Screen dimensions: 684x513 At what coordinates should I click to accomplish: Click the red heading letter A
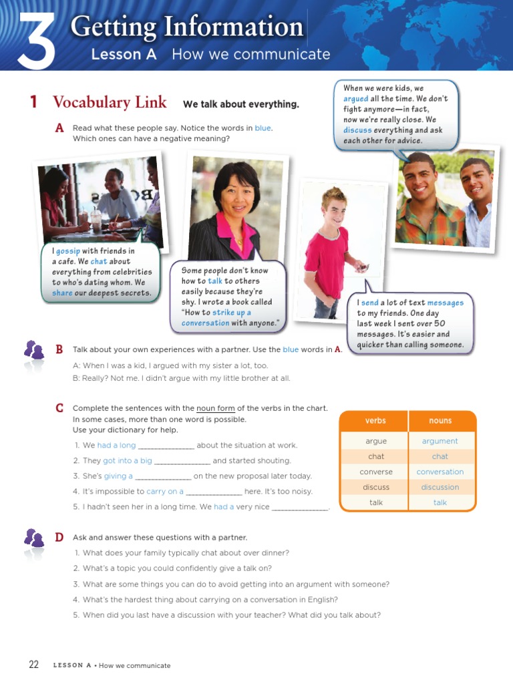[x=60, y=128]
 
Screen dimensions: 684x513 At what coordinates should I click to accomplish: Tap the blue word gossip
[x=67, y=251]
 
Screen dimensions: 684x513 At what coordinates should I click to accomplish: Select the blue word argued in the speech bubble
[x=355, y=99]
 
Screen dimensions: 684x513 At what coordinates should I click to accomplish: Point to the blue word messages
[x=445, y=303]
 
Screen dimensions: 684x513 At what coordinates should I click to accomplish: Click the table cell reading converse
[x=375, y=472]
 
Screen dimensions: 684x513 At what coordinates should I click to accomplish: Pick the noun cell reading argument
[x=440, y=441]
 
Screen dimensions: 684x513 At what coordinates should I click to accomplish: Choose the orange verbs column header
[x=375, y=421]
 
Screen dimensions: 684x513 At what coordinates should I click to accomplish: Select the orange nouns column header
[x=440, y=421]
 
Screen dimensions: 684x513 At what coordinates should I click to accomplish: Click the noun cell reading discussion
[x=440, y=487]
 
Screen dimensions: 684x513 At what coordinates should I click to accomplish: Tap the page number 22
[x=34, y=665]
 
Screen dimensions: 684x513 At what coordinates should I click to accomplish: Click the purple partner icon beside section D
[x=34, y=538]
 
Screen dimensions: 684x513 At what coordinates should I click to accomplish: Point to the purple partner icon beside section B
[x=34, y=349]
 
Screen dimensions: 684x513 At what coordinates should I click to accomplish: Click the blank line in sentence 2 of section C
[x=182, y=462]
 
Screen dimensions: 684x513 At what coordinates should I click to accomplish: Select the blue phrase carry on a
[x=165, y=491]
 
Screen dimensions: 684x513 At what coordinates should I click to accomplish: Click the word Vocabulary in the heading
[x=90, y=102]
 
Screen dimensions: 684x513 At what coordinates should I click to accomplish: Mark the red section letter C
[x=59, y=408]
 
